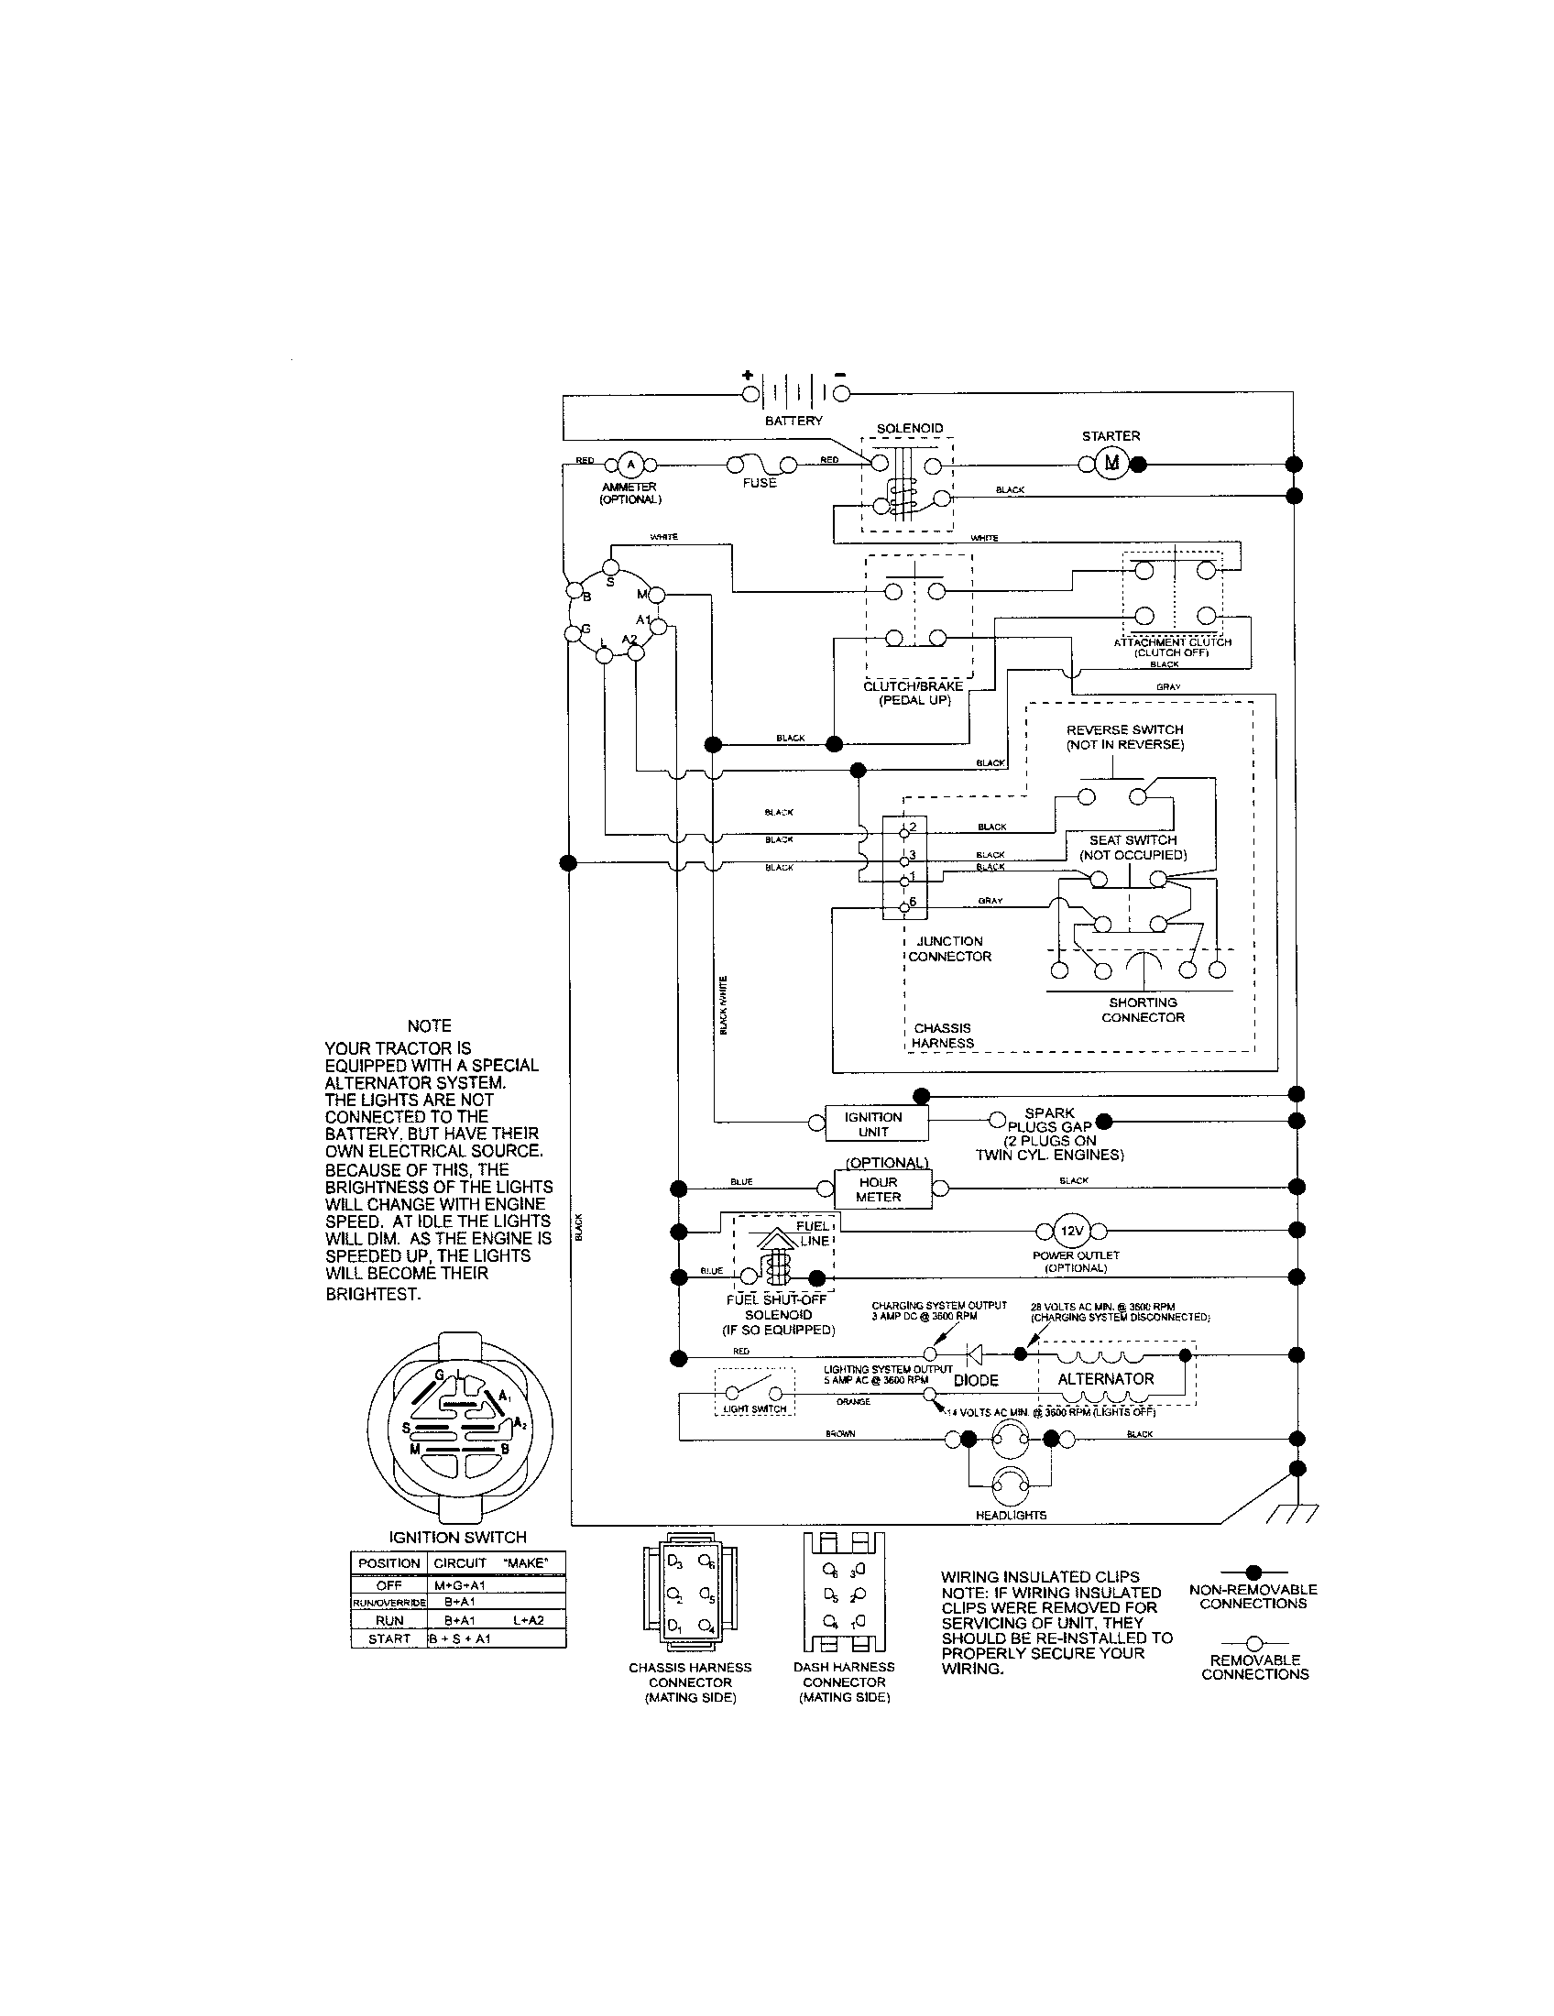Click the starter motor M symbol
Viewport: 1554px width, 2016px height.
click(1111, 464)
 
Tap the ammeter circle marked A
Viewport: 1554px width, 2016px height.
click(631, 464)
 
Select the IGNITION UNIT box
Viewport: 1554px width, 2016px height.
click(873, 1123)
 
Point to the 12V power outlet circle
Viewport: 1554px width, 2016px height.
click(1071, 1231)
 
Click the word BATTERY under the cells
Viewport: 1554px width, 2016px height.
click(793, 421)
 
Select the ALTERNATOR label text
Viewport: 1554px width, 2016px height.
click(1106, 1379)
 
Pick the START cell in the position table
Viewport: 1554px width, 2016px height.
click(388, 1638)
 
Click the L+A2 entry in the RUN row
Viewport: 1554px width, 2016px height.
click(528, 1621)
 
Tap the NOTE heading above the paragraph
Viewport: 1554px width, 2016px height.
click(429, 1025)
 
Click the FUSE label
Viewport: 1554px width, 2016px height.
click(760, 483)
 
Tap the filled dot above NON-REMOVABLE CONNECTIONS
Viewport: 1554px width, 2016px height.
click(1253, 1572)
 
